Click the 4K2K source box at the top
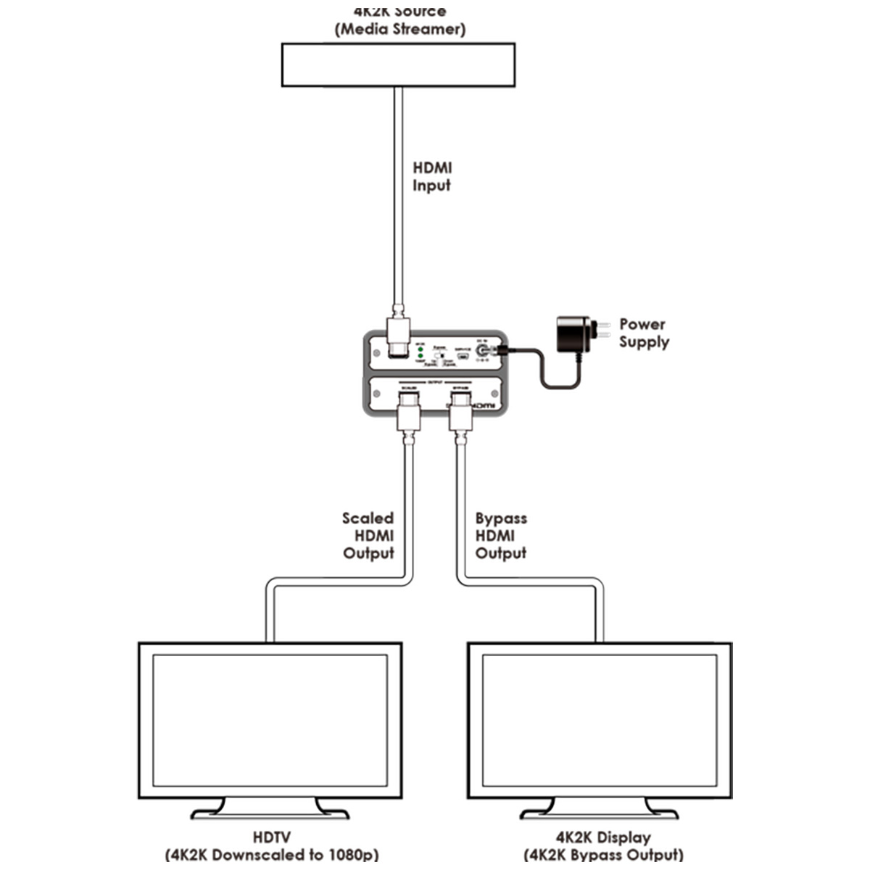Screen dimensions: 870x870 click(398, 65)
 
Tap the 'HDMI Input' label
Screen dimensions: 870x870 click(431, 177)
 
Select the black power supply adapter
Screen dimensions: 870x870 click(573, 334)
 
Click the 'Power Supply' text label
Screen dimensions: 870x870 click(644, 333)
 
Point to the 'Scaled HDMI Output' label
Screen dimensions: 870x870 click(368, 536)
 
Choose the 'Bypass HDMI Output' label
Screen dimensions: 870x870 click(501, 536)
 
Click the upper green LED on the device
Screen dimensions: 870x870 click(420, 349)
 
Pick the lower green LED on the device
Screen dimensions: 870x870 click(420, 357)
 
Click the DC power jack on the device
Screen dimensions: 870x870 click(480, 352)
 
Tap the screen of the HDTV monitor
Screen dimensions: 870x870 click(270, 721)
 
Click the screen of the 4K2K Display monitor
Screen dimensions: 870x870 click(599, 721)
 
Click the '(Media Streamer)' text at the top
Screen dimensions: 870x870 click(399, 30)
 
